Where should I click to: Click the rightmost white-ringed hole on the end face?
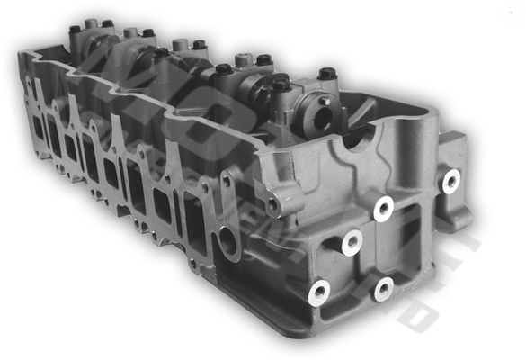450,181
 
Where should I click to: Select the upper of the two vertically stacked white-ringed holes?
384,209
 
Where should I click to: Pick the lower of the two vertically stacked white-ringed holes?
384,289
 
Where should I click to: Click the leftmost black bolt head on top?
76,29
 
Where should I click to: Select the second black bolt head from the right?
281,85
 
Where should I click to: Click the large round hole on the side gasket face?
227,240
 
